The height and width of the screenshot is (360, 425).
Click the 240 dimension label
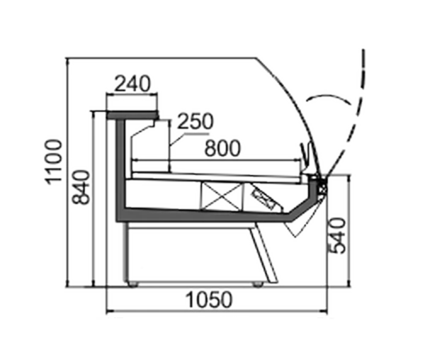click(x=132, y=84)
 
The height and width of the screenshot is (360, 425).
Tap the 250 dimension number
click(x=195, y=121)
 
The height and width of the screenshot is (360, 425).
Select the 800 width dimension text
click(x=222, y=148)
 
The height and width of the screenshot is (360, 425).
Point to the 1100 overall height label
click(x=55, y=162)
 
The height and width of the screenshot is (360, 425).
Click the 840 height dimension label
click(x=81, y=188)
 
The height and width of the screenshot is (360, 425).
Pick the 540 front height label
click(x=338, y=235)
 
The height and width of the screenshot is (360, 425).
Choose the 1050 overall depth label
click(x=209, y=300)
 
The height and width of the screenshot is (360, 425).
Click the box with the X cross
click(x=222, y=196)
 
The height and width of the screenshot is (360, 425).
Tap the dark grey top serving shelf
click(x=132, y=115)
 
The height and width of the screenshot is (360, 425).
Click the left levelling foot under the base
click(x=132, y=284)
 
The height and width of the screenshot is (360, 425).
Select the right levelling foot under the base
click(x=258, y=284)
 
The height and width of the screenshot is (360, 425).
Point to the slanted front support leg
click(x=264, y=254)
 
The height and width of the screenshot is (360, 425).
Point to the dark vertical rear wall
click(x=121, y=168)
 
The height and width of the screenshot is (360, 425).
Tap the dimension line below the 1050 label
click(x=217, y=312)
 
